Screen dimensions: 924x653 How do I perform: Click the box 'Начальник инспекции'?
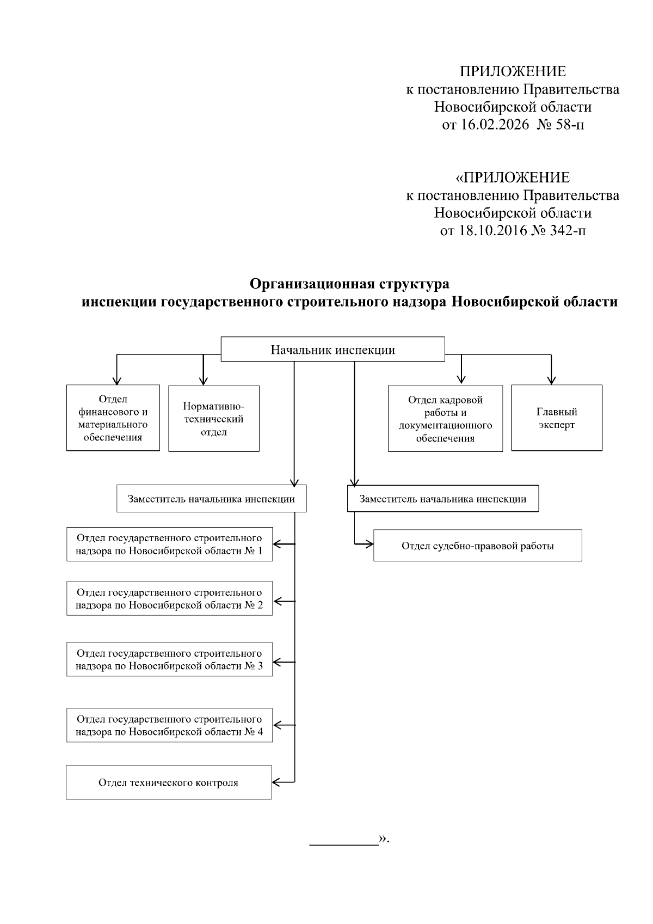[332, 350]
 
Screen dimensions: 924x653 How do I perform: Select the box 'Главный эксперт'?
[557, 418]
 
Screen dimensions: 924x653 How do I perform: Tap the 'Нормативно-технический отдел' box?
[213, 419]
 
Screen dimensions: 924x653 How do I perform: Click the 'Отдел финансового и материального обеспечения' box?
[113, 418]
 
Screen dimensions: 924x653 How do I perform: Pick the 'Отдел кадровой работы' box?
[445, 419]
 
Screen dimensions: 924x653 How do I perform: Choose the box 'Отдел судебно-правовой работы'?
[477, 546]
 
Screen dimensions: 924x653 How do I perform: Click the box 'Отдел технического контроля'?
[169, 782]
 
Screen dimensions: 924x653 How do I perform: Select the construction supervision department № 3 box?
[169, 659]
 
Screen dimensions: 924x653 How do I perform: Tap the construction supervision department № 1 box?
[169, 544]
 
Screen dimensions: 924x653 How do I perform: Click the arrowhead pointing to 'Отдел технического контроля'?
[275, 782]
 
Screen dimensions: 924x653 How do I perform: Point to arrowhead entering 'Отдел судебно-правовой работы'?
[370, 543]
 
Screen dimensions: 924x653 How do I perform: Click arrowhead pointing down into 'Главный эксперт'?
[552, 381]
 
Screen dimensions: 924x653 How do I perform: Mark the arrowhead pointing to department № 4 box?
[276, 725]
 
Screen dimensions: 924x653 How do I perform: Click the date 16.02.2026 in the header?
[495, 125]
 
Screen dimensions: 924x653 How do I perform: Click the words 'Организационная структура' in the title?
[349, 284]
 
